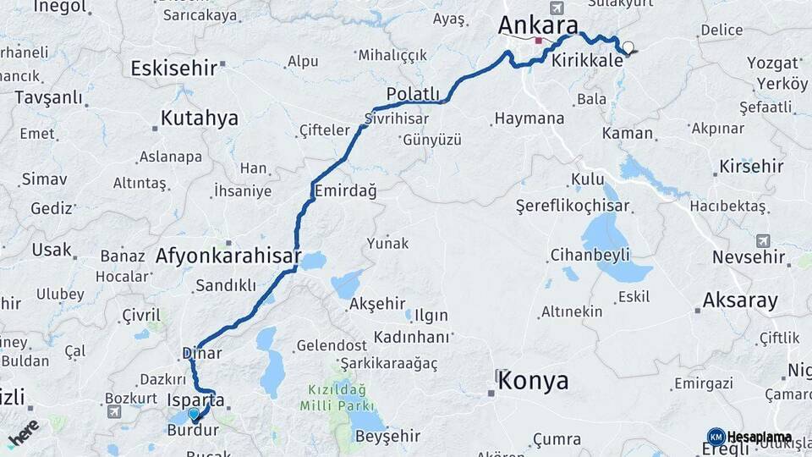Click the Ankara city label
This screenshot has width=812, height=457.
[x=537, y=25]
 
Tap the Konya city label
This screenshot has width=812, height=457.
[x=533, y=381]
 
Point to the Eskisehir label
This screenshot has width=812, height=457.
[x=174, y=68]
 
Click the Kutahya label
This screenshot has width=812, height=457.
[x=200, y=118]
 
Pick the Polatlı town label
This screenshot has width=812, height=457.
[x=413, y=94]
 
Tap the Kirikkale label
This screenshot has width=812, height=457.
[x=587, y=62]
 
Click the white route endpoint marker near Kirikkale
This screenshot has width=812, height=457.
[x=628, y=48]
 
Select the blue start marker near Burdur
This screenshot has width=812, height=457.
[x=195, y=414]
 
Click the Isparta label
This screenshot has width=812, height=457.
[x=196, y=399]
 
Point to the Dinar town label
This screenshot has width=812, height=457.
[x=201, y=354]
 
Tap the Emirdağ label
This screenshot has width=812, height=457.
[x=345, y=191]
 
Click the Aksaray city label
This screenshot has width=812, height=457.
[x=740, y=300]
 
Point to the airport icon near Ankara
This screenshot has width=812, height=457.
[x=556, y=8]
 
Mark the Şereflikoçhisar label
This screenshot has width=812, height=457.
[x=573, y=206]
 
